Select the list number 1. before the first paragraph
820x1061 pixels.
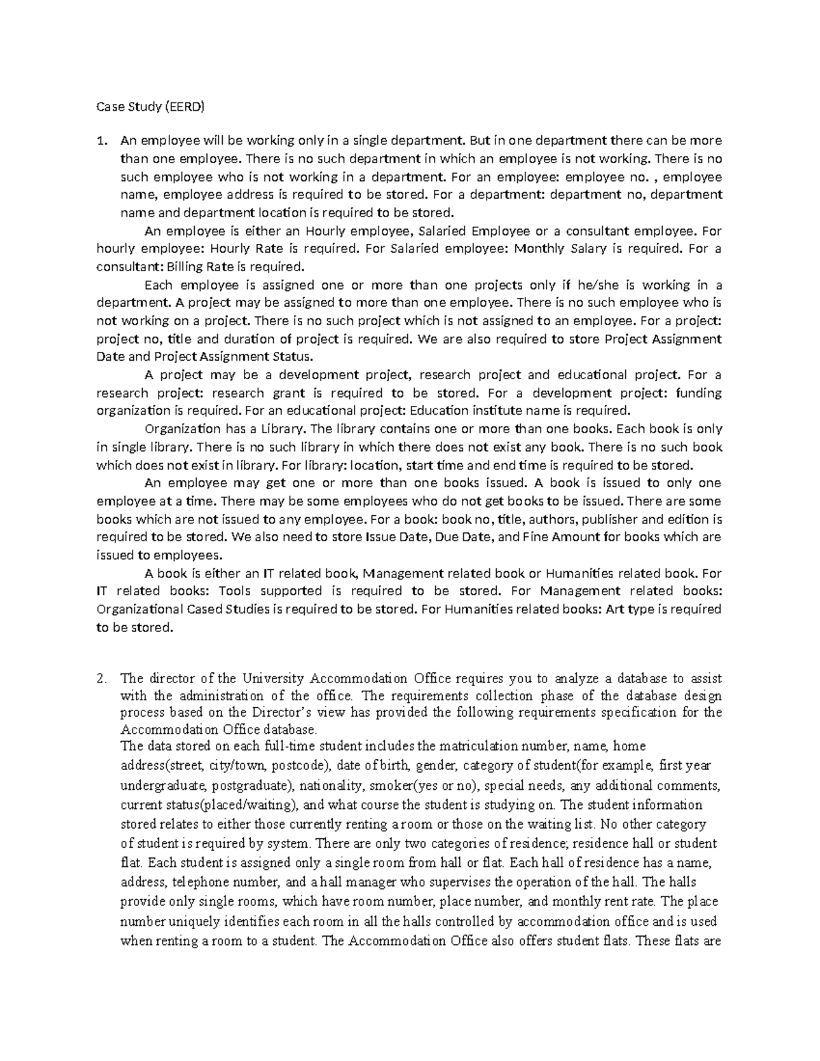[102, 141]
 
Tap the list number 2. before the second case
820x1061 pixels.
[102, 678]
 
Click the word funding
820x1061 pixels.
[698, 393]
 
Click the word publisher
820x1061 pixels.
[608, 519]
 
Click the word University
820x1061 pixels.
[273, 678]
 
